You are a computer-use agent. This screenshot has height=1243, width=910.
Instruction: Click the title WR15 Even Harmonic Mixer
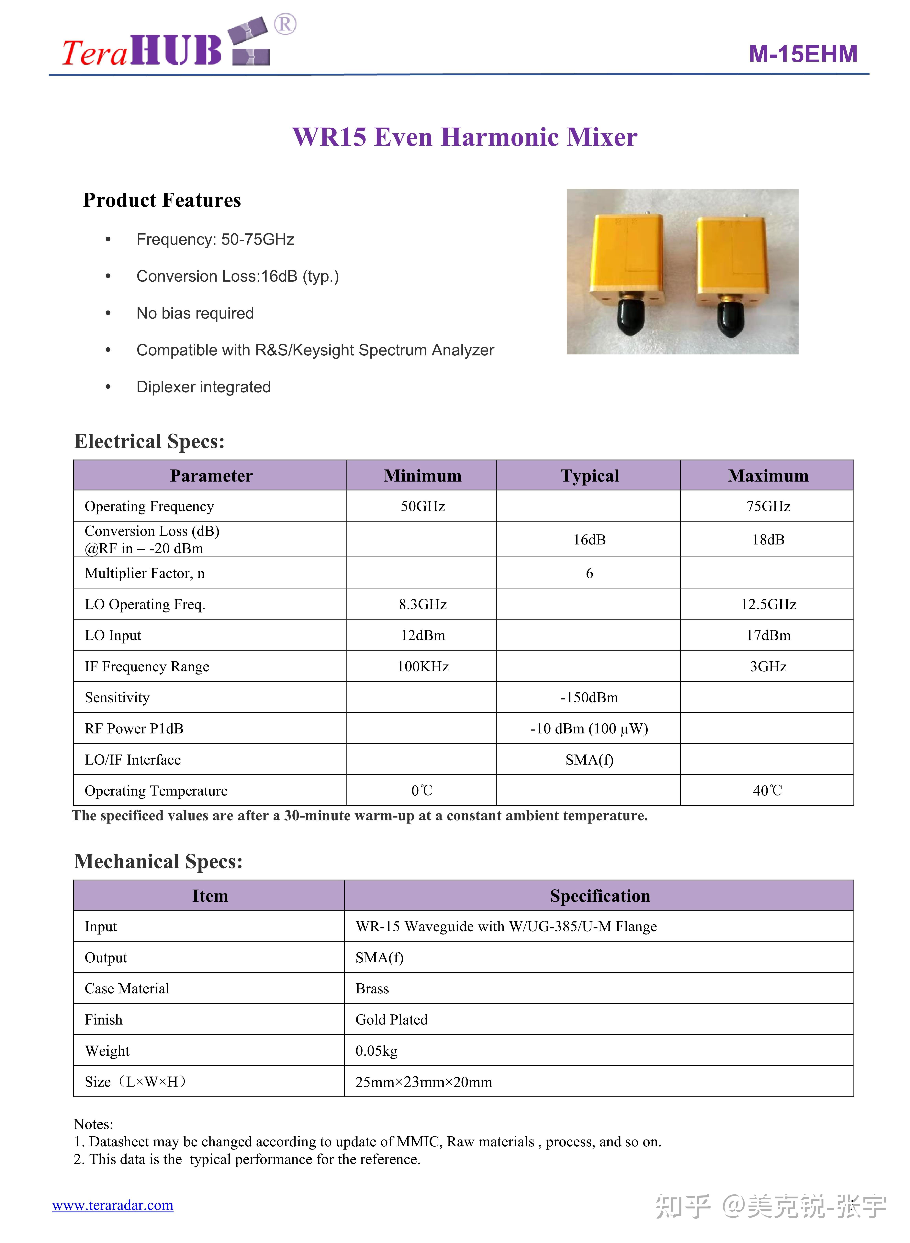[464, 137]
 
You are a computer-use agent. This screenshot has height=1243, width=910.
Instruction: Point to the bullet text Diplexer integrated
[203, 387]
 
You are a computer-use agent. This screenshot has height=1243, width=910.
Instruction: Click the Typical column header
[589, 476]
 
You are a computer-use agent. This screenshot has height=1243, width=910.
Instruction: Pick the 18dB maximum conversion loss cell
[768, 539]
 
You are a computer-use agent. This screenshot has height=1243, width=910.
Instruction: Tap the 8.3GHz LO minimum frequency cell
[422, 604]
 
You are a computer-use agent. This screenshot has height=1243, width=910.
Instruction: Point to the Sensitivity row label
[117, 697]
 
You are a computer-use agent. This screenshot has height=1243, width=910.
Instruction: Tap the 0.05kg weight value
[376, 1051]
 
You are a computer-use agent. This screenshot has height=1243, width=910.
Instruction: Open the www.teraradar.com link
[113, 1205]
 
